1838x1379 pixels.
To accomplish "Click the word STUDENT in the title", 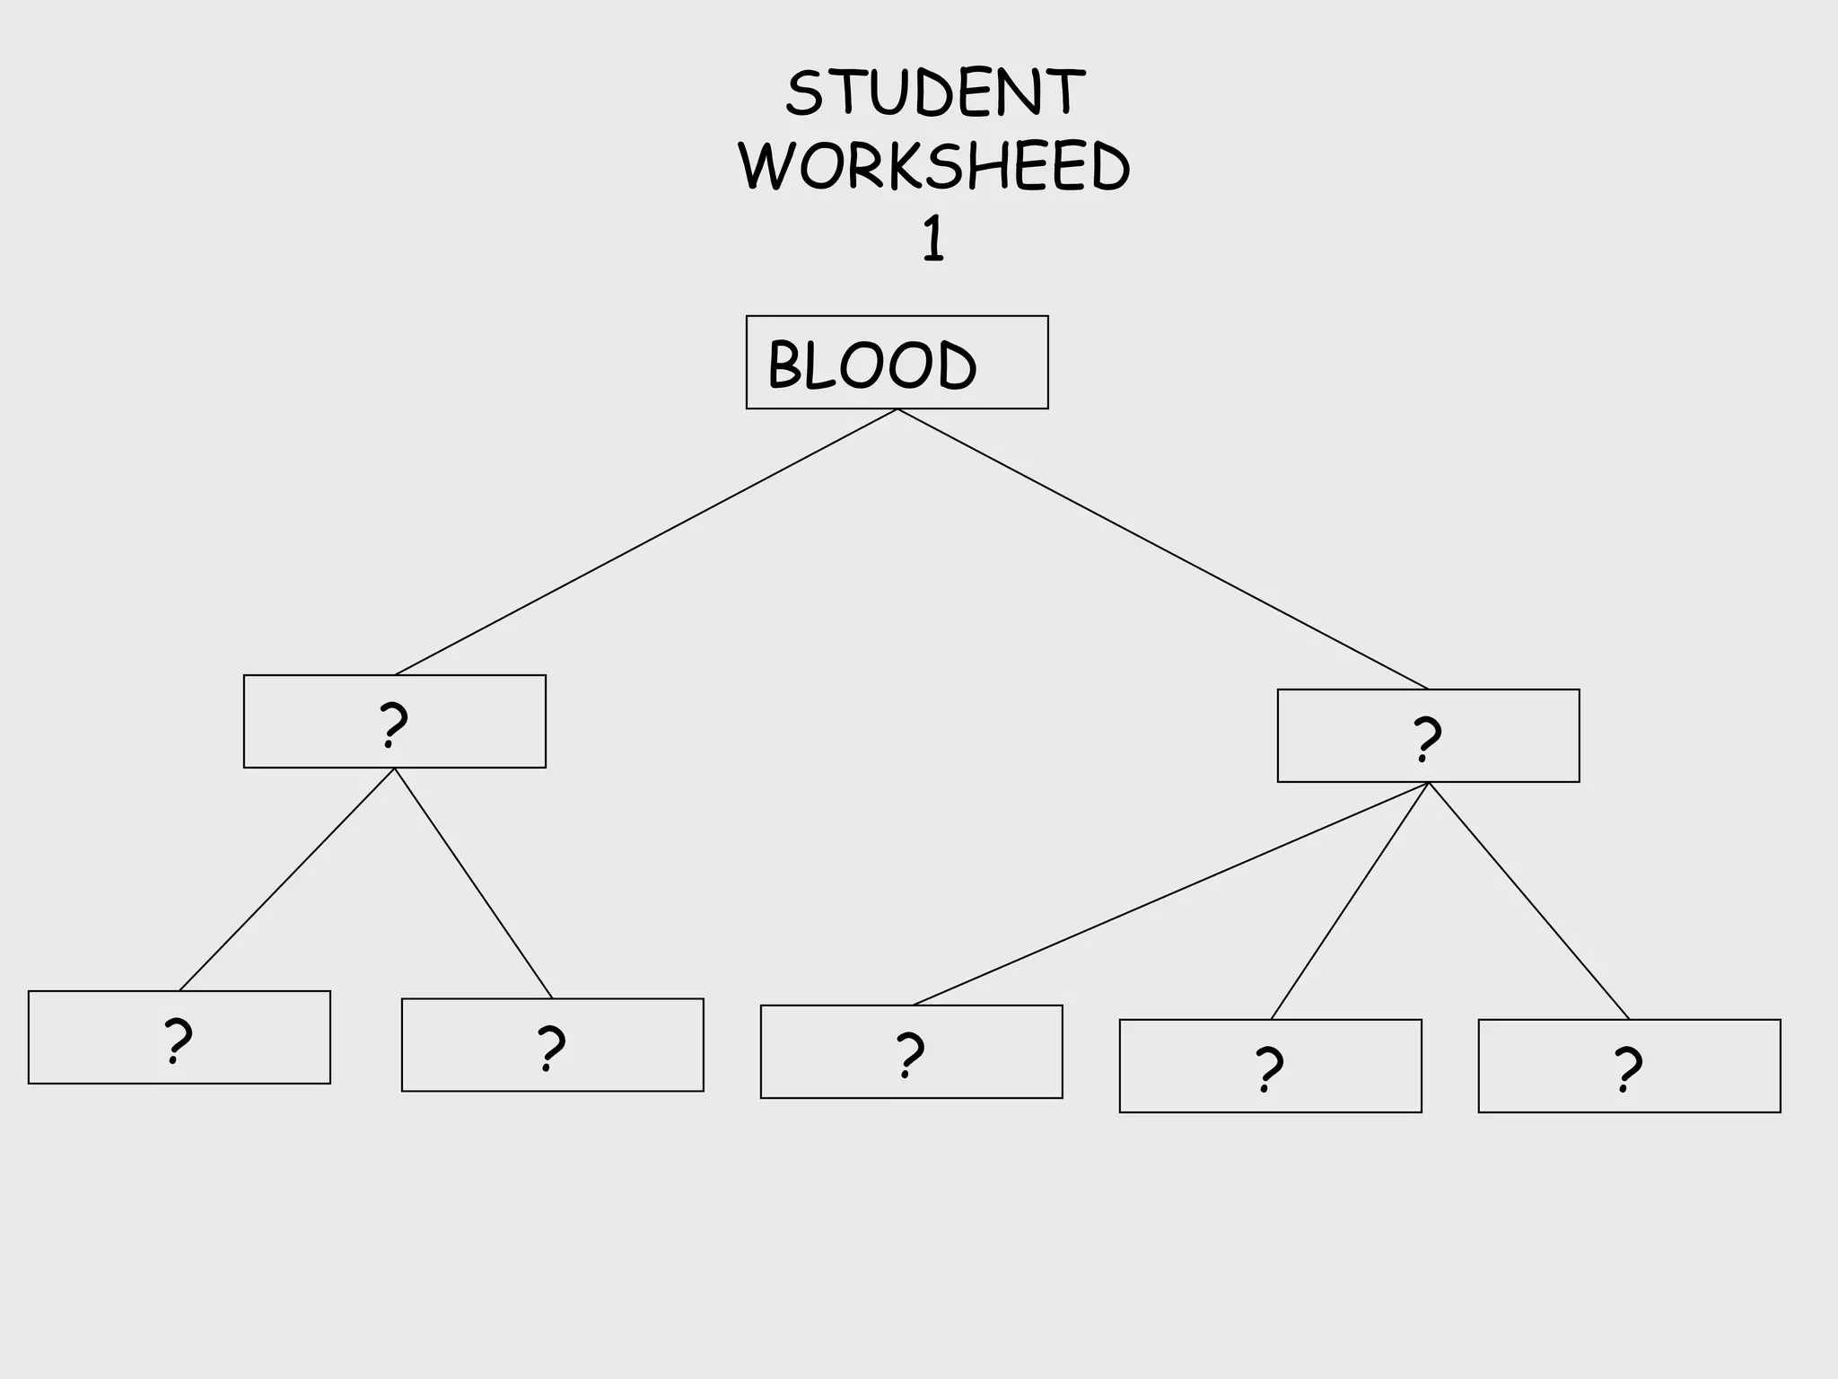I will coord(935,92).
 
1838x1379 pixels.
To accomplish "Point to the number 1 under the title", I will coord(933,240).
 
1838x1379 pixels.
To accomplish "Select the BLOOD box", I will coord(897,363).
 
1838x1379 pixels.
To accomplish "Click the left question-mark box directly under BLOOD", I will coord(395,722).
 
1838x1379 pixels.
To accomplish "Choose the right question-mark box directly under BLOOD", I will coord(1428,736).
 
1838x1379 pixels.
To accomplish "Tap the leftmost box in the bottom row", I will coord(179,1038).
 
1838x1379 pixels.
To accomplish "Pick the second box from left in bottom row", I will coord(552,1045).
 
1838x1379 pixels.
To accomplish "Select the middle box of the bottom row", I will coord(911,1052).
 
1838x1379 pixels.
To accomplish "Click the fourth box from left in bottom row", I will coord(1270,1067).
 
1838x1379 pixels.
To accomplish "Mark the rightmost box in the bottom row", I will coord(1629,1067).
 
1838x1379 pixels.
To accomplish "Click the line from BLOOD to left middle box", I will coord(646,542).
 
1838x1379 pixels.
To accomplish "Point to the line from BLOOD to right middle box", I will coord(1162,549).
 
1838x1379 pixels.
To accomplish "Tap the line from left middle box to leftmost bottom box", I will coord(287,880).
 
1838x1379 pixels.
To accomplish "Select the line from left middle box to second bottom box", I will coord(474,883).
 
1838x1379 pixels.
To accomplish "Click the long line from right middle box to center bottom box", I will coord(1170,894).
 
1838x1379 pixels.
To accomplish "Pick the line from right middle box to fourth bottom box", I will coord(1350,901).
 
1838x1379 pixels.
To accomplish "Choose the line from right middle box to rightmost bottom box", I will coord(1529,901).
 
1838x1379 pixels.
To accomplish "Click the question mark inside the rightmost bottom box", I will coord(1627,1068).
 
